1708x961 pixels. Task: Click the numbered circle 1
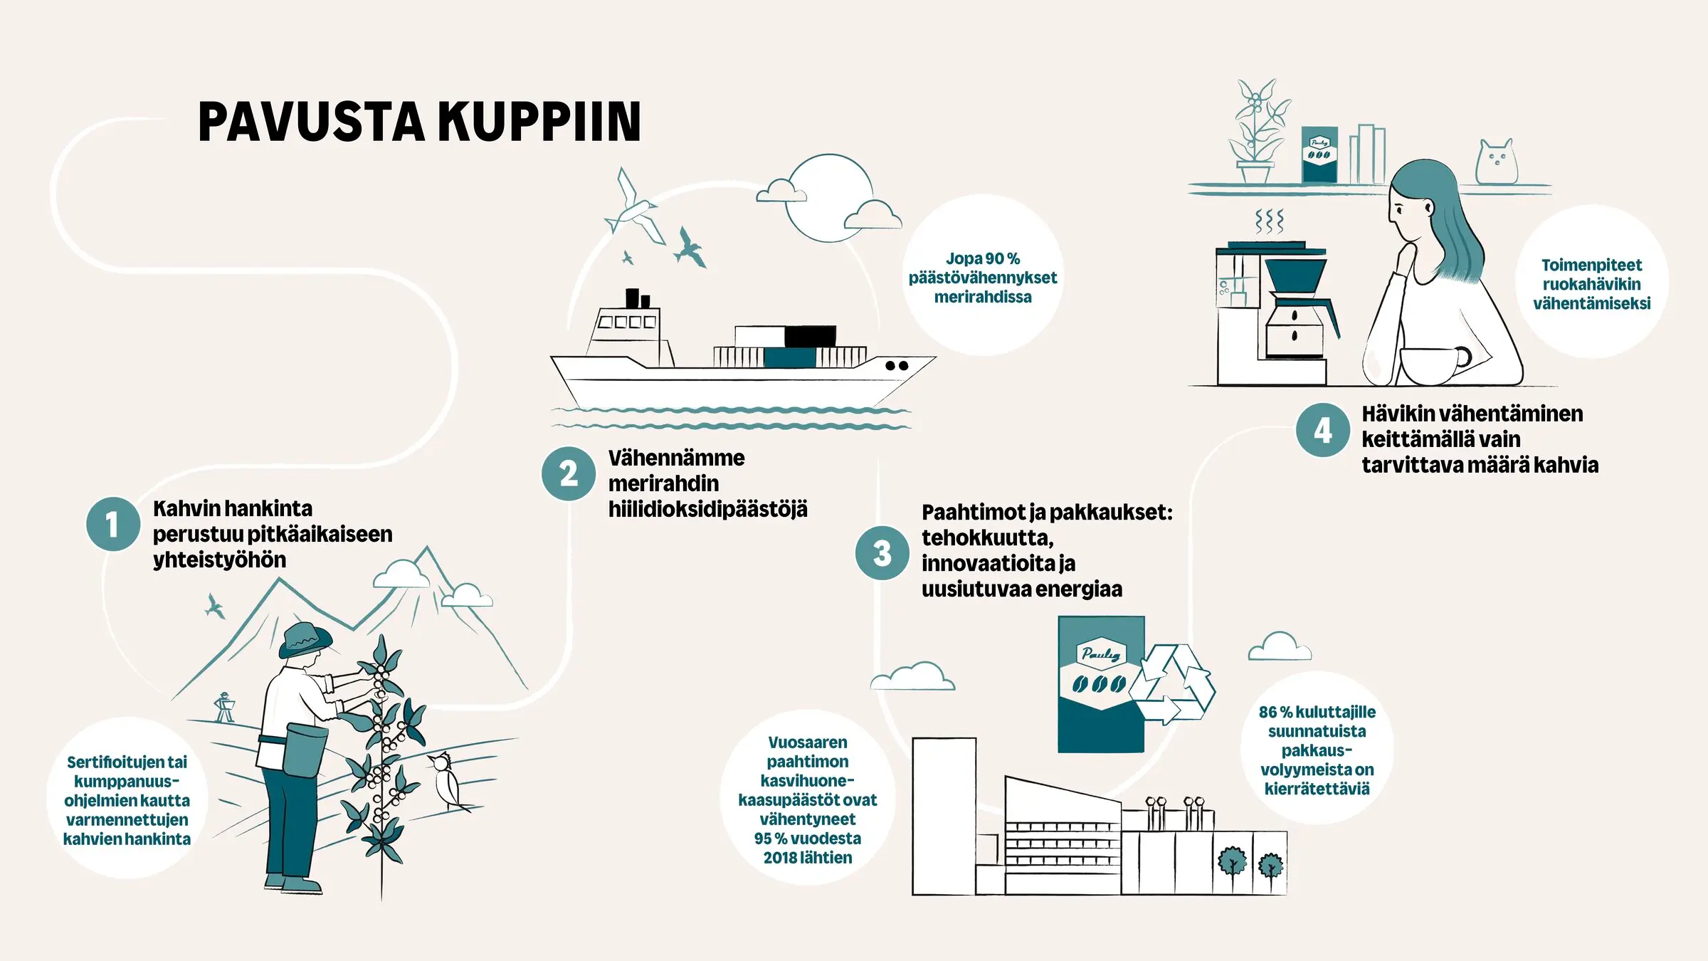tap(112, 525)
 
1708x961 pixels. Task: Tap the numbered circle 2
tap(568, 473)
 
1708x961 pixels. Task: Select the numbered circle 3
tap(882, 553)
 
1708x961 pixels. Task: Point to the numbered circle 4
tap(1322, 430)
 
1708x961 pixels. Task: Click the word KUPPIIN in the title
tap(539, 122)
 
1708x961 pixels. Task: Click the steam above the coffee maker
tap(1270, 221)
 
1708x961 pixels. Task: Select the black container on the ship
tap(810, 336)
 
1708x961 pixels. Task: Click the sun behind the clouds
tap(828, 198)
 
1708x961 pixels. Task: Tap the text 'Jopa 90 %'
tap(982, 259)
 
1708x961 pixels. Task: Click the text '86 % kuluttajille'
tap(1317, 712)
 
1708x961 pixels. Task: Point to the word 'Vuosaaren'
tap(807, 742)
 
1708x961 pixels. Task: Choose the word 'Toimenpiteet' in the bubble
tap(1591, 266)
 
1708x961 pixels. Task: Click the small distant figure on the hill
tap(225, 707)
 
